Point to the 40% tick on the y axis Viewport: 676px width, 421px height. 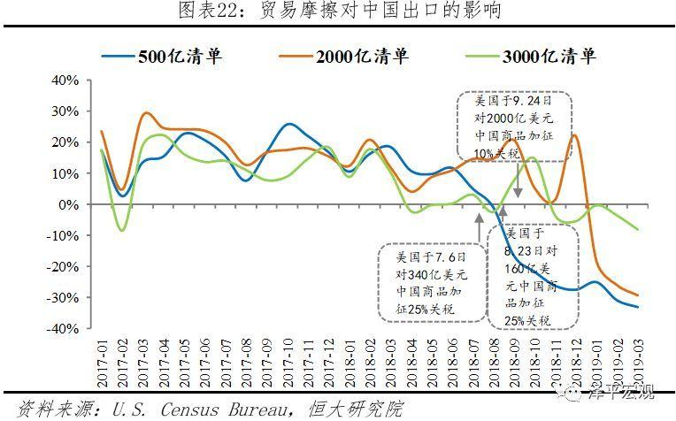tap(66, 80)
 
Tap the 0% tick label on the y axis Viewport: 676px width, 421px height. tap(71, 204)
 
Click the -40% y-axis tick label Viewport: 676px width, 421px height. tap(65, 328)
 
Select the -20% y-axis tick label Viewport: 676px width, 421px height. tap(65, 266)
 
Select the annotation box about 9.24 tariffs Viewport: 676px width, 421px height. tap(514, 125)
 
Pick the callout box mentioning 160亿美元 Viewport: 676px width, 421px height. tap(534, 275)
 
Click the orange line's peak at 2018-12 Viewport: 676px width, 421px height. tap(574, 134)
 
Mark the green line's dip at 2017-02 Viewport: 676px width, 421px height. tap(122, 231)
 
